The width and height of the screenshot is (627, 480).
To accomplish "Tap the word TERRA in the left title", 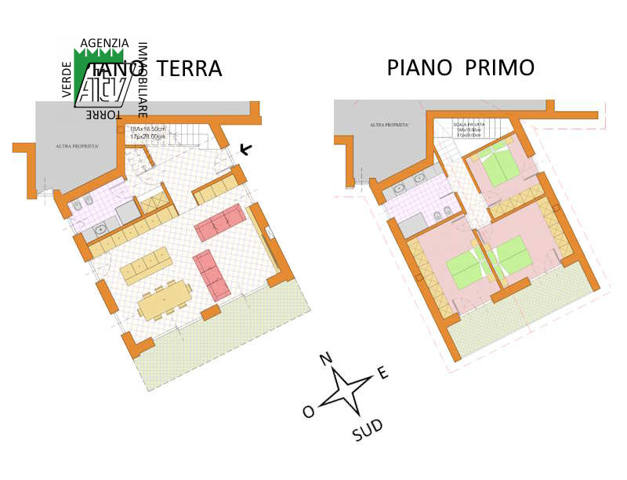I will pyautogui.click(x=190, y=68).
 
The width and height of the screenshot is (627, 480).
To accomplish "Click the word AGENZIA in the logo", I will pyautogui.click(x=104, y=43).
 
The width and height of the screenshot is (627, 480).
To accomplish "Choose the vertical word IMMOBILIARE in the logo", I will pyautogui.click(x=143, y=78).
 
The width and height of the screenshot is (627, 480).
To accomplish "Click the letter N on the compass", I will pyautogui.click(x=327, y=359).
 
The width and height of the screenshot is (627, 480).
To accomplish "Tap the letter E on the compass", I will pyautogui.click(x=382, y=373).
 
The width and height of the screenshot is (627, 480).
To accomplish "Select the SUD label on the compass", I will pyautogui.click(x=368, y=429).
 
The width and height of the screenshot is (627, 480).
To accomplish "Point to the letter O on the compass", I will pyautogui.click(x=309, y=412).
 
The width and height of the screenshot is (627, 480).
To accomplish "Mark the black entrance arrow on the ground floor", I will pyautogui.click(x=245, y=148).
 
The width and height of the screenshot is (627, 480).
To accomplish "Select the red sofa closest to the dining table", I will pyautogui.click(x=212, y=275).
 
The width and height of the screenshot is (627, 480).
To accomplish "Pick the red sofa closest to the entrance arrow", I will pyautogui.click(x=219, y=223).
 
